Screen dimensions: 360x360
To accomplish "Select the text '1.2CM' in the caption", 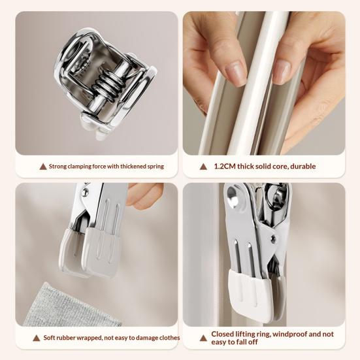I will (225, 167).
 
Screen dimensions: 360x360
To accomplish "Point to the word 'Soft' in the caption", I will (51, 338).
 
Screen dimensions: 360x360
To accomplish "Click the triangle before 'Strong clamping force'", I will (43, 167).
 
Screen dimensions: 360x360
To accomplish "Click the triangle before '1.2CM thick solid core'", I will (204, 167).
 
